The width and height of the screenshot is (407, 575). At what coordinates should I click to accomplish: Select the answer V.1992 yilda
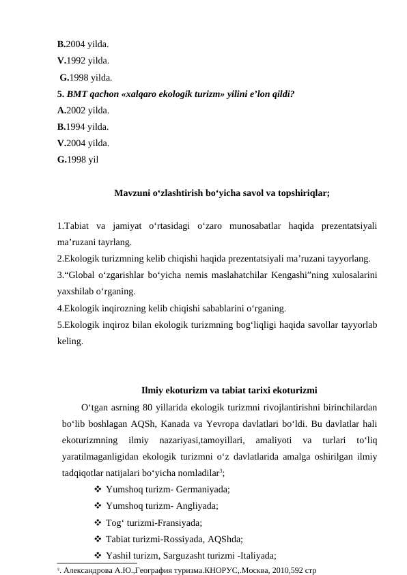(83, 60)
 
